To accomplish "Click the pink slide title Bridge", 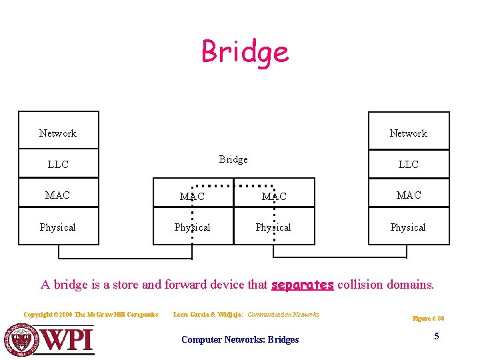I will [x=245, y=52].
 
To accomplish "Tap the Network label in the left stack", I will [x=58, y=133].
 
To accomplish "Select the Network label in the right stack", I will [x=408, y=133].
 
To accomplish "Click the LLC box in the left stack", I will [x=58, y=164].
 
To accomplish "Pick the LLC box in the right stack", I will [x=408, y=164].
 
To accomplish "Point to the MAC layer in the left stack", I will [x=58, y=195].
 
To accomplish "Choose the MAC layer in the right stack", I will [x=408, y=195].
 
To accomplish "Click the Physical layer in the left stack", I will [x=58, y=227].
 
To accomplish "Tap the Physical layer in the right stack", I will [x=408, y=227].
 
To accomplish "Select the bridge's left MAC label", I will [x=193, y=197].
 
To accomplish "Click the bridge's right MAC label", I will [x=274, y=197].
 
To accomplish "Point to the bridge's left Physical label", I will [x=193, y=227].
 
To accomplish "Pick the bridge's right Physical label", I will [x=274, y=227].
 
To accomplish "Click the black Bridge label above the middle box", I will [x=233, y=159].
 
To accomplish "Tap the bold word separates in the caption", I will [x=302, y=285].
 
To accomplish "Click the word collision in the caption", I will [x=363, y=285].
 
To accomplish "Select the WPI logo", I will [x=50, y=339].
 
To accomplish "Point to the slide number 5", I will [x=437, y=336].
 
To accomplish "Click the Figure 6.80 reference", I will [x=428, y=319].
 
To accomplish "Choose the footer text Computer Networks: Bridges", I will [x=240, y=340].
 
